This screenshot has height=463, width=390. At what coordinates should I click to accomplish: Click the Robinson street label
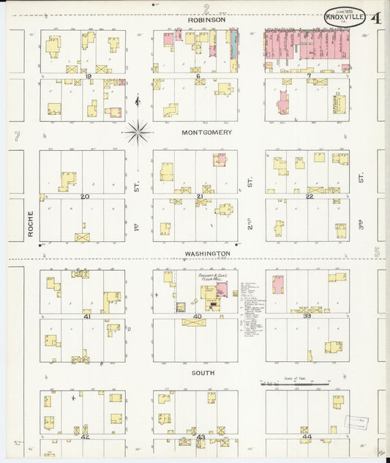pos(206,21)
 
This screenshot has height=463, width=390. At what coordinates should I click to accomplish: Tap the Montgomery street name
pos(206,133)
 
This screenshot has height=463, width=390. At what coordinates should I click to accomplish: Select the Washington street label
pos(207,253)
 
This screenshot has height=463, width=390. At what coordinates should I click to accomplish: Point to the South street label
pos(203,373)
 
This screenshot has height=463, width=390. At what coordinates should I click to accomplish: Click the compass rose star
pos(138,133)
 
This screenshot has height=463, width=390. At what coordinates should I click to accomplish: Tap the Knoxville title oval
pos(345,17)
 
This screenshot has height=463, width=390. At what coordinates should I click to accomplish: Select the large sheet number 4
pos(375,18)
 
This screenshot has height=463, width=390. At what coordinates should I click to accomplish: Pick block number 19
pos(88,75)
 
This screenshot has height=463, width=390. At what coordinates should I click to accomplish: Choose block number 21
pos(199,196)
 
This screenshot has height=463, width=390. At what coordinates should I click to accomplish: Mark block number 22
pos(310,196)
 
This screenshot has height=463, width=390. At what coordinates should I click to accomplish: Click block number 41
pos(87,316)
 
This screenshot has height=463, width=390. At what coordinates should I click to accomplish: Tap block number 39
pos(308,316)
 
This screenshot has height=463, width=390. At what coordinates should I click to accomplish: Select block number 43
pos(200,437)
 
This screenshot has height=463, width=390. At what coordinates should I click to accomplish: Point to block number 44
pos(307,437)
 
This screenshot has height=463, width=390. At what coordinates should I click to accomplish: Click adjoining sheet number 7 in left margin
pos(16,136)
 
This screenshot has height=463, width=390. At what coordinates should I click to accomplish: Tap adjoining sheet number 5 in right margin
pos(377,252)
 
